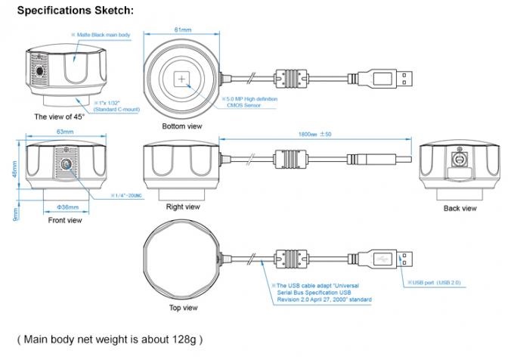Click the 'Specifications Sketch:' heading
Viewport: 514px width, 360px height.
(76, 11)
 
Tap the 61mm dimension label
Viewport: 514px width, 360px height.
(183, 29)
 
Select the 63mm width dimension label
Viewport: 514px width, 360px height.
(65, 132)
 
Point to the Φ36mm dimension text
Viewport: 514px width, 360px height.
(68, 207)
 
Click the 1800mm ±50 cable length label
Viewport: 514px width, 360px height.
(314, 134)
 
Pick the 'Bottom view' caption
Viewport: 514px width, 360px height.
(182, 126)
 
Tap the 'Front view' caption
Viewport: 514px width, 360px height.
(65, 220)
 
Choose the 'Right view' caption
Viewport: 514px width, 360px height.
(183, 207)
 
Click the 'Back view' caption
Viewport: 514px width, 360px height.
(460, 209)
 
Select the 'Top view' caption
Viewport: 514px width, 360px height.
(183, 308)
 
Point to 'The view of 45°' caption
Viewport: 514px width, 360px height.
(59, 116)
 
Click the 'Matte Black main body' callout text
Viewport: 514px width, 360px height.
(101, 35)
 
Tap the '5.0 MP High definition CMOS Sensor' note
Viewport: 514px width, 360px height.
(249, 102)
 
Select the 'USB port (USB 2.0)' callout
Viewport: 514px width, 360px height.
(434, 282)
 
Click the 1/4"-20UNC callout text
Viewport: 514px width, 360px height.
(127, 196)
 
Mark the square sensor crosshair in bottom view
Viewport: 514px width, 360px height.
(181, 79)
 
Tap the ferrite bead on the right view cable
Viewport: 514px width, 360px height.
(291, 160)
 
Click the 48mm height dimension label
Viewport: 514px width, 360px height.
(15, 169)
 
